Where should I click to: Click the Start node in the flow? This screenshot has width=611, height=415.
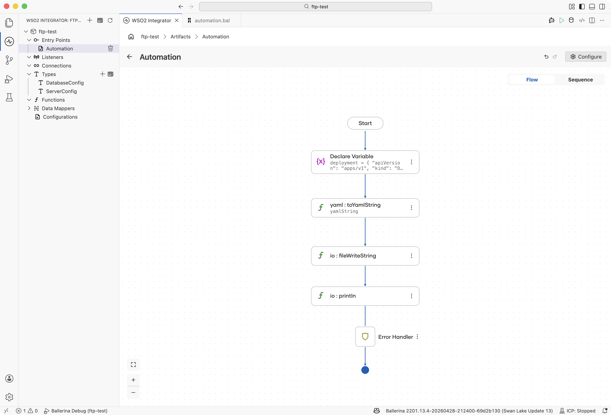[365, 123]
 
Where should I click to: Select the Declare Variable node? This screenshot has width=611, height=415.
[365, 162]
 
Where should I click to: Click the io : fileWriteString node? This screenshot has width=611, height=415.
[365, 256]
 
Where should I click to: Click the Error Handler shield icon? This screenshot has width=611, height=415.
[365, 337]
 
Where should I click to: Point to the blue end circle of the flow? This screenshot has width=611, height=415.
[365, 370]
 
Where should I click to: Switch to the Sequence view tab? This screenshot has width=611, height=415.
[580, 80]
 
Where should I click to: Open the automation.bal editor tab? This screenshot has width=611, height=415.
[212, 21]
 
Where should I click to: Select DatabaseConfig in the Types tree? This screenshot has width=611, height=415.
[65, 83]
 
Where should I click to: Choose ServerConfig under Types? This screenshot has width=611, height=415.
[61, 91]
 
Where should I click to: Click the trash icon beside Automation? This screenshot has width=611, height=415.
[110, 48]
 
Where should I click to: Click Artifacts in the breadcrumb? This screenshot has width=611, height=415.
[180, 37]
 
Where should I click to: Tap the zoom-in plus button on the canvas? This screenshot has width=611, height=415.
[133, 380]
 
